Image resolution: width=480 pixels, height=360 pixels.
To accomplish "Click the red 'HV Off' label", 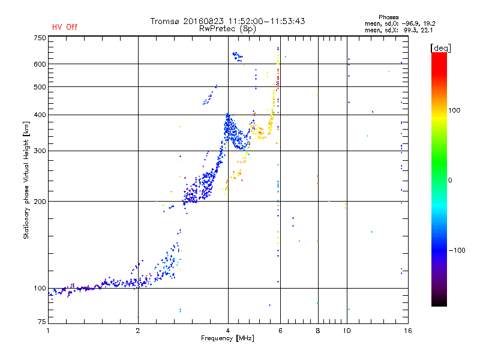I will click(x=64, y=27).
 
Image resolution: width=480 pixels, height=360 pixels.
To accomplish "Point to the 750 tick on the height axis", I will click(x=40, y=38).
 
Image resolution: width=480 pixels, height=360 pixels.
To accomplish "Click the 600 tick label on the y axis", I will click(x=40, y=64).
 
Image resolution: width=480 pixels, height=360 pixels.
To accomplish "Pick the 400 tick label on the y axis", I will click(x=40, y=115).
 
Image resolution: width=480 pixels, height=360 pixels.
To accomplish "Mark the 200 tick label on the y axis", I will click(x=40, y=202).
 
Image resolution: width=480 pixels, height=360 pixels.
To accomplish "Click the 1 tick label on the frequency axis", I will click(x=49, y=331).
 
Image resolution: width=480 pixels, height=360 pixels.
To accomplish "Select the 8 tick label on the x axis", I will click(x=318, y=331).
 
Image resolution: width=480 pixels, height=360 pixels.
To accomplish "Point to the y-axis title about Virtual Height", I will click(x=26, y=180).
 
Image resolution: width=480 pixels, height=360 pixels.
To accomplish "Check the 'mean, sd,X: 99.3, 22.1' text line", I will click(x=398, y=30).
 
